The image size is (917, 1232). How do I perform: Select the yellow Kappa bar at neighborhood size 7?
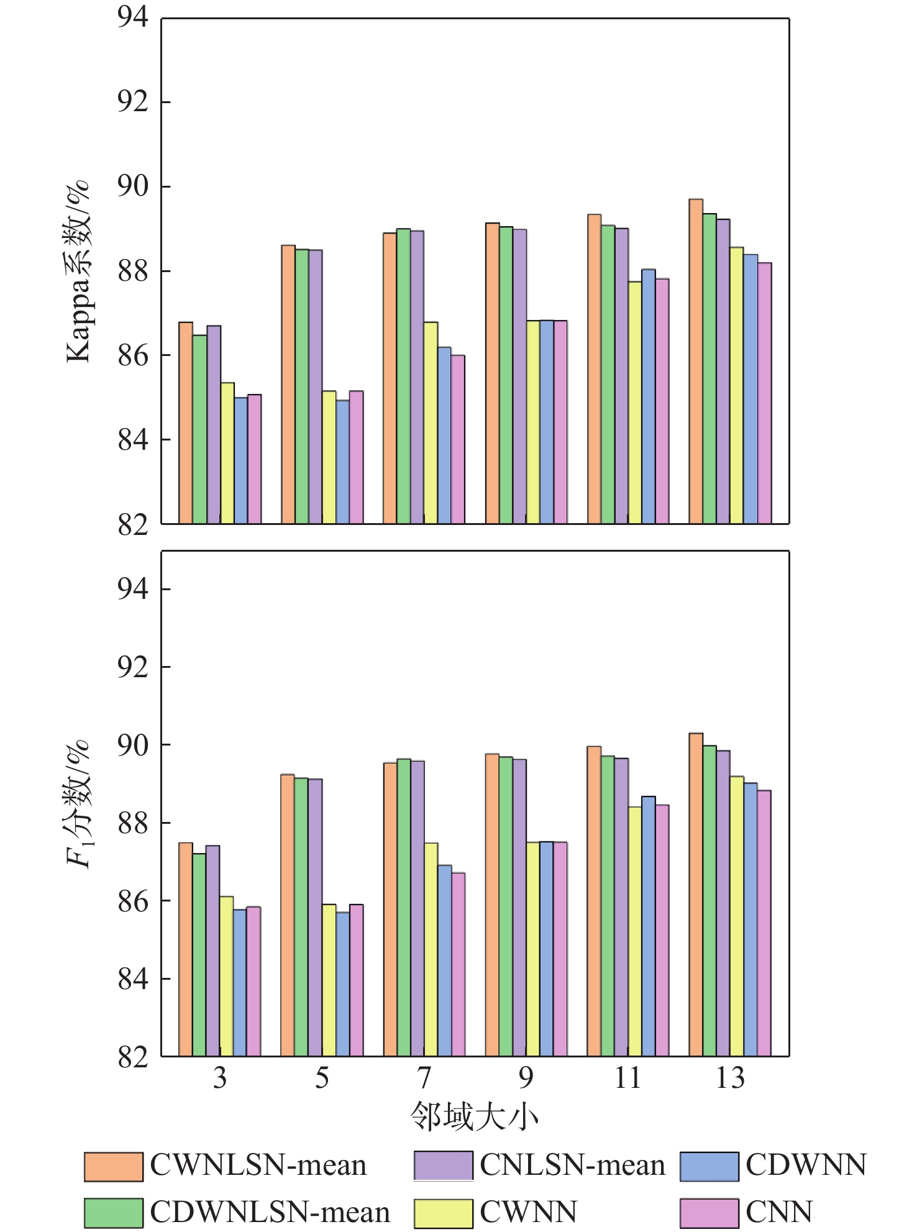(x=431, y=422)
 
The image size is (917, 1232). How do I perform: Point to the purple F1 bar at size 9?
(x=519, y=907)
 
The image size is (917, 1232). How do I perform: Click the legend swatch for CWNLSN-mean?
(x=114, y=1166)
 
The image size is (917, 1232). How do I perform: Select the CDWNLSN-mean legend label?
(x=270, y=1211)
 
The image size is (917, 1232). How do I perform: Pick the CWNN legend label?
(x=529, y=1211)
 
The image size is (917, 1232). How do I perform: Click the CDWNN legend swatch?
(x=709, y=1166)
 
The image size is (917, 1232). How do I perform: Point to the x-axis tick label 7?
(x=424, y=1079)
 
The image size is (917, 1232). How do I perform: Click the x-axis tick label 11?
(x=627, y=1079)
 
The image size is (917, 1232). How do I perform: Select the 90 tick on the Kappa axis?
(x=133, y=186)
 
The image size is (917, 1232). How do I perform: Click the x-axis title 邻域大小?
(x=474, y=1117)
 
